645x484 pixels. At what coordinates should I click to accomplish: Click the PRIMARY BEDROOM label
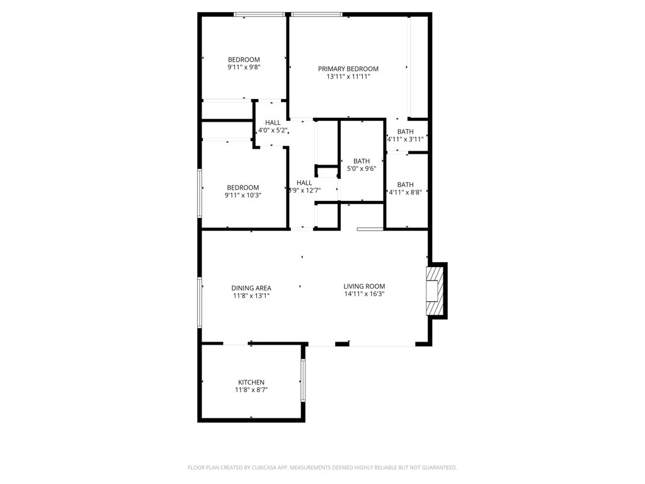click(348, 69)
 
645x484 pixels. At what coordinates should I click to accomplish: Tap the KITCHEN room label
click(251, 383)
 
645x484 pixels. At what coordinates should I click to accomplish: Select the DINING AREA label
click(251, 288)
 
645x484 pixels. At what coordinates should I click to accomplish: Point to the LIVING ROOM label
click(364, 286)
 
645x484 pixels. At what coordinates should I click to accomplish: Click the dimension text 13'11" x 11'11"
click(348, 76)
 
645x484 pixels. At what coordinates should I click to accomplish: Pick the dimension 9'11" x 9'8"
click(244, 67)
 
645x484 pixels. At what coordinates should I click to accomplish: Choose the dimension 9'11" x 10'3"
click(243, 195)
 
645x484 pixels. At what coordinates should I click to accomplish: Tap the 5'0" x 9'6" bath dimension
click(362, 168)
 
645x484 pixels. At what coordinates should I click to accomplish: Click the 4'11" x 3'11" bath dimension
click(405, 139)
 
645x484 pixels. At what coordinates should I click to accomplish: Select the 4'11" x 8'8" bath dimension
click(405, 192)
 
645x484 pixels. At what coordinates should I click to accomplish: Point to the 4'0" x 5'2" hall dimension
click(272, 130)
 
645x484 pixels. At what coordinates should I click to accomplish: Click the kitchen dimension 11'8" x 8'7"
click(251, 389)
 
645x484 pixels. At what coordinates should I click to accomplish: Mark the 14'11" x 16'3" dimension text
click(364, 294)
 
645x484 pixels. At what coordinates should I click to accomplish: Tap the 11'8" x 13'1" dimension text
click(251, 296)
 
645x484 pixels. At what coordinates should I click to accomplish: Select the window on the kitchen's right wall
click(303, 380)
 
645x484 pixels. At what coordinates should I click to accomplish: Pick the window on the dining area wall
click(200, 302)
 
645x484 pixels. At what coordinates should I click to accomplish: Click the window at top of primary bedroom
click(316, 15)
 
